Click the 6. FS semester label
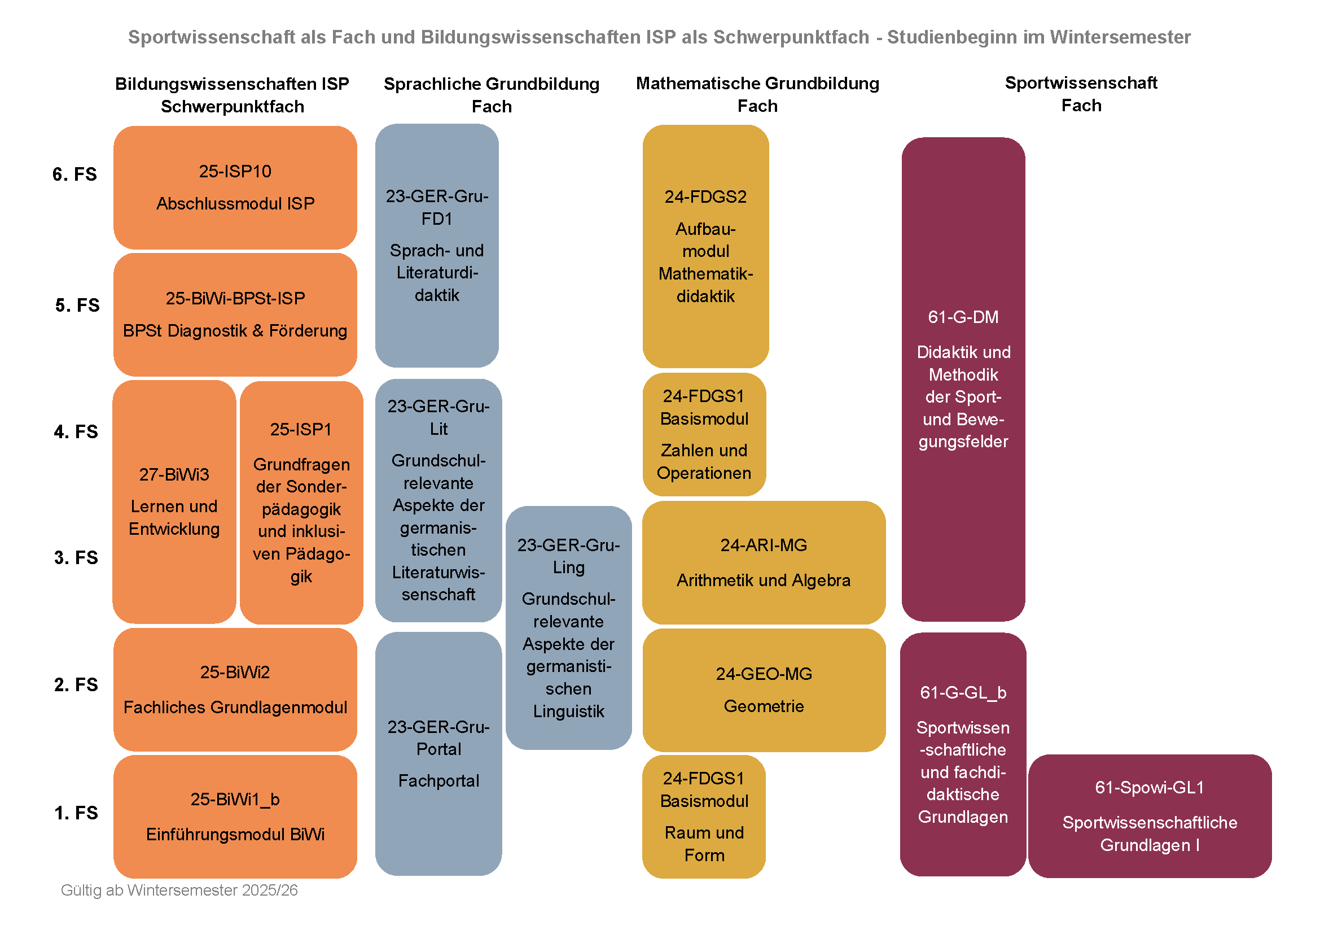pos(74,174)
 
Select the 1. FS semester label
pos(76,813)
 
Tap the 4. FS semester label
pos(76,431)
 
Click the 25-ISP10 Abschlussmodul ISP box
pos(235,187)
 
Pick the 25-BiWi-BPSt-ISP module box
pos(235,315)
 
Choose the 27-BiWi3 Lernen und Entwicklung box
pos(174,501)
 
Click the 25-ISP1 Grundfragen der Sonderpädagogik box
pos(301,502)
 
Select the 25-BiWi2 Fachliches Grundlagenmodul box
pos(235,689)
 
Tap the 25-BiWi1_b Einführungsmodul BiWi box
pos(235,817)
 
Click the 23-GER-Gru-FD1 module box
pos(437,246)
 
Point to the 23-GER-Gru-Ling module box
pos(569,627)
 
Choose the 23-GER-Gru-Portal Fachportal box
pos(438,753)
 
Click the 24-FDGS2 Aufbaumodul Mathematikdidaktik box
pos(705,246)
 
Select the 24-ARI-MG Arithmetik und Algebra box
pos(764,562)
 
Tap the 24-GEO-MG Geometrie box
pos(764,689)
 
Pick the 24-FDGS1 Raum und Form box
pos(704,817)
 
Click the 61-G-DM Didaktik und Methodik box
pos(963,379)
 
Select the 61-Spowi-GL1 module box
pos(1150,816)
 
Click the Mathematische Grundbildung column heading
pos(757,94)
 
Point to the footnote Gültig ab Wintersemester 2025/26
pos(179,891)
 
